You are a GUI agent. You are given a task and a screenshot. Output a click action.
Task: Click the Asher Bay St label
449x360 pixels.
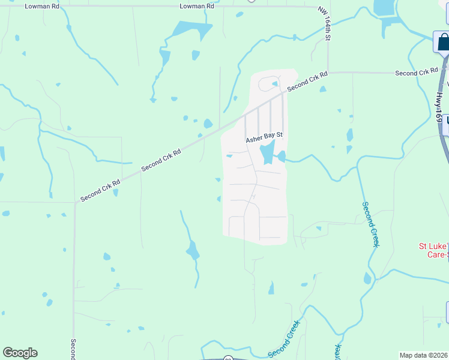tap(264, 140)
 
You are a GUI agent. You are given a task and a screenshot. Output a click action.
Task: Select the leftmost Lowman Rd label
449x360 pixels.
tap(41, 6)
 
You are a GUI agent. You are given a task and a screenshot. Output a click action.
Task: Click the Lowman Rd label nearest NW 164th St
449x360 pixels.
tap(197, 6)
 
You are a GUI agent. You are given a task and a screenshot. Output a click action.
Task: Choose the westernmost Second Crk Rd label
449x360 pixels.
tap(101, 189)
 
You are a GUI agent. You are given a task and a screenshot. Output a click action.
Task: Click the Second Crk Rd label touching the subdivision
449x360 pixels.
tap(307, 82)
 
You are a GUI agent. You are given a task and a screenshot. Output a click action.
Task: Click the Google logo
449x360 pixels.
tap(20, 353)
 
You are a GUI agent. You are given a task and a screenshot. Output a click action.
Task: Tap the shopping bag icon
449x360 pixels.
tap(443, 41)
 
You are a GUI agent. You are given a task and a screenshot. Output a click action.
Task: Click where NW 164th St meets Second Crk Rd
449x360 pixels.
tap(328, 73)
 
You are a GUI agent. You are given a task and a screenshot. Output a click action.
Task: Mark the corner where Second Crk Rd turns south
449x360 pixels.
tap(75, 203)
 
